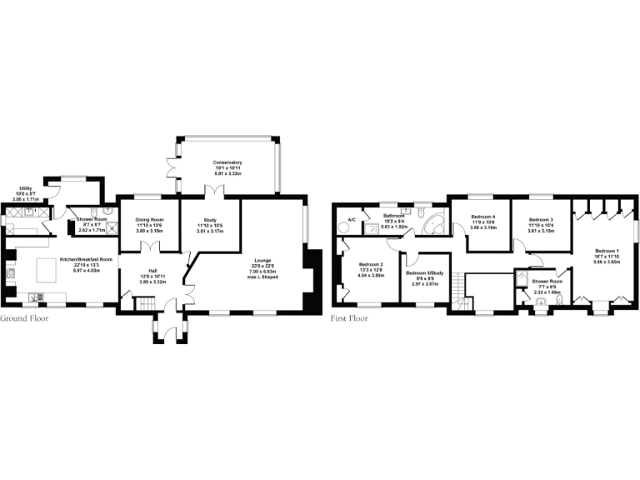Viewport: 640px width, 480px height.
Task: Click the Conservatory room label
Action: click(227, 162)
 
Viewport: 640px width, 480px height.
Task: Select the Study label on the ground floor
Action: click(210, 220)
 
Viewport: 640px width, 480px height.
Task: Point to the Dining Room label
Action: click(150, 220)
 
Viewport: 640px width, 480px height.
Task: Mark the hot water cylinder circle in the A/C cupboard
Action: click(345, 226)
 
